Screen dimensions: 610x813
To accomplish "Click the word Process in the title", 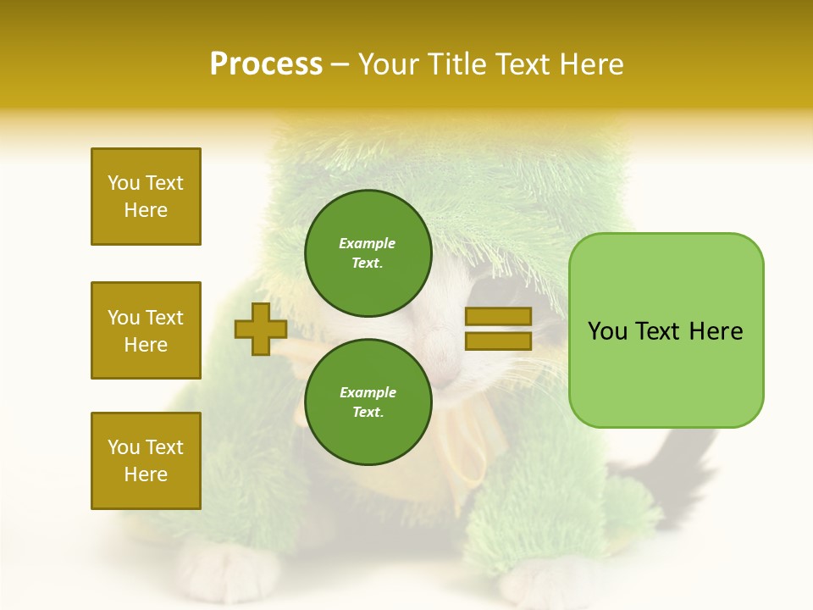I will coord(266,64).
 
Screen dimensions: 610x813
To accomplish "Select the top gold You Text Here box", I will coord(146,197).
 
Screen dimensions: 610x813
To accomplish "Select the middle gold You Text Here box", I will coord(146,330).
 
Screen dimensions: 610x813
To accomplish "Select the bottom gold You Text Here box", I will coord(146,460).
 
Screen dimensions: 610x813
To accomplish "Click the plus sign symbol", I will coord(260,330).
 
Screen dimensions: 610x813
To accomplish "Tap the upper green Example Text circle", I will coord(368,253).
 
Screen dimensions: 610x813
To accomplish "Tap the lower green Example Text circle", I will coord(368,402).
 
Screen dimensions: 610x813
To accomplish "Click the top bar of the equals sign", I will coord(498,317).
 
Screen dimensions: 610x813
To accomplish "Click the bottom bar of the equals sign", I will coord(498,341).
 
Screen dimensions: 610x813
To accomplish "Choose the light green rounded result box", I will coord(666,330).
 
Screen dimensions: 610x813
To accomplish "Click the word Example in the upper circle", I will coord(368,243).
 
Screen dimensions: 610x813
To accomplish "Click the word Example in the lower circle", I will coord(368,392).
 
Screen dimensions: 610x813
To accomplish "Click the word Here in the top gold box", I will coord(146,210).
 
